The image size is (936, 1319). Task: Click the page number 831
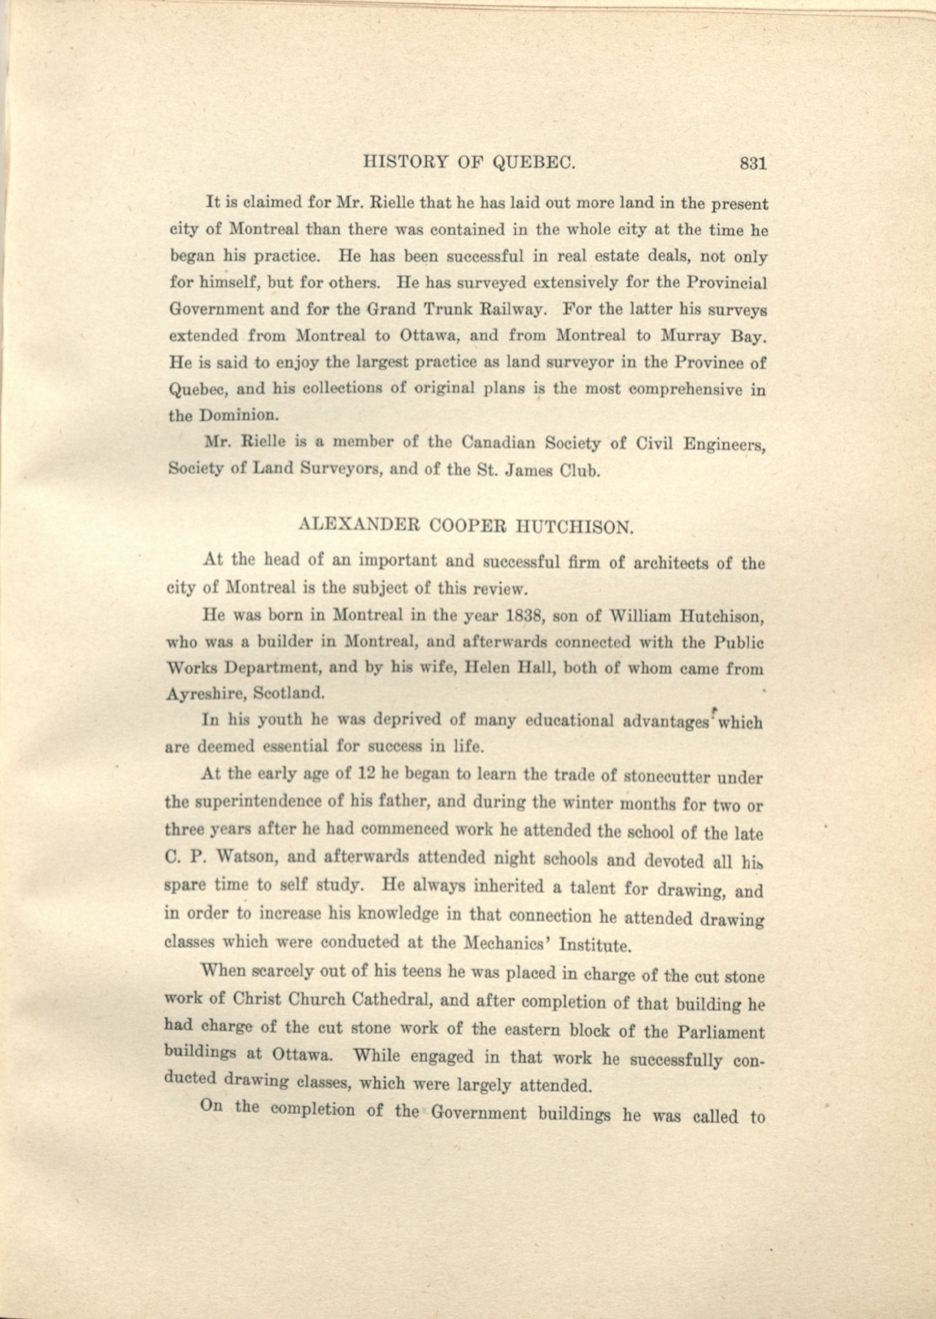pyautogui.click(x=753, y=164)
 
